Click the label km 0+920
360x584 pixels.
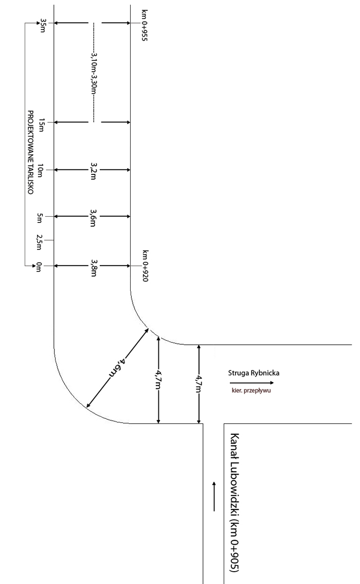[146, 266]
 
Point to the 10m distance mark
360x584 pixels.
[42, 170]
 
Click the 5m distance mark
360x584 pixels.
[42, 217]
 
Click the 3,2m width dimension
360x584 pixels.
[94, 170]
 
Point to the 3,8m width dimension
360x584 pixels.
[94, 266]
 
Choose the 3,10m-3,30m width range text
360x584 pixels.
[94, 73]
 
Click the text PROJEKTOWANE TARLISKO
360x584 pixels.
[30, 151]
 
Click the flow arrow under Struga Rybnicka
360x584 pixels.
[252, 383]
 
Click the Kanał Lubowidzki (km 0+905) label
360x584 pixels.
[235, 503]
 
